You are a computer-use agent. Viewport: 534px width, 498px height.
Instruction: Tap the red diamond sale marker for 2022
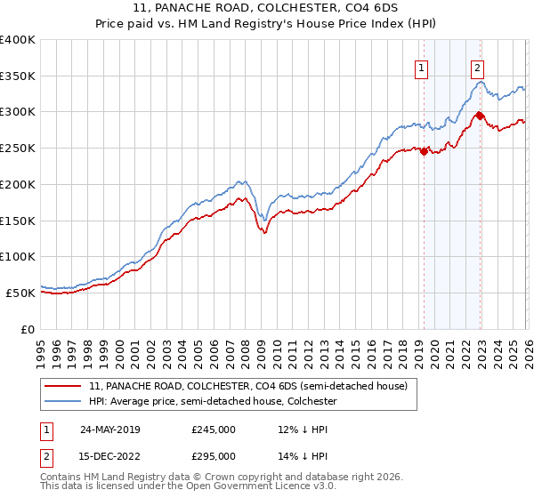[x=480, y=115]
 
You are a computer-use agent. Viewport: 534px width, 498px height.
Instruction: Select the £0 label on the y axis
[x=28, y=328]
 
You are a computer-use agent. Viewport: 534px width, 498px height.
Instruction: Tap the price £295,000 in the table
[x=214, y=456]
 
